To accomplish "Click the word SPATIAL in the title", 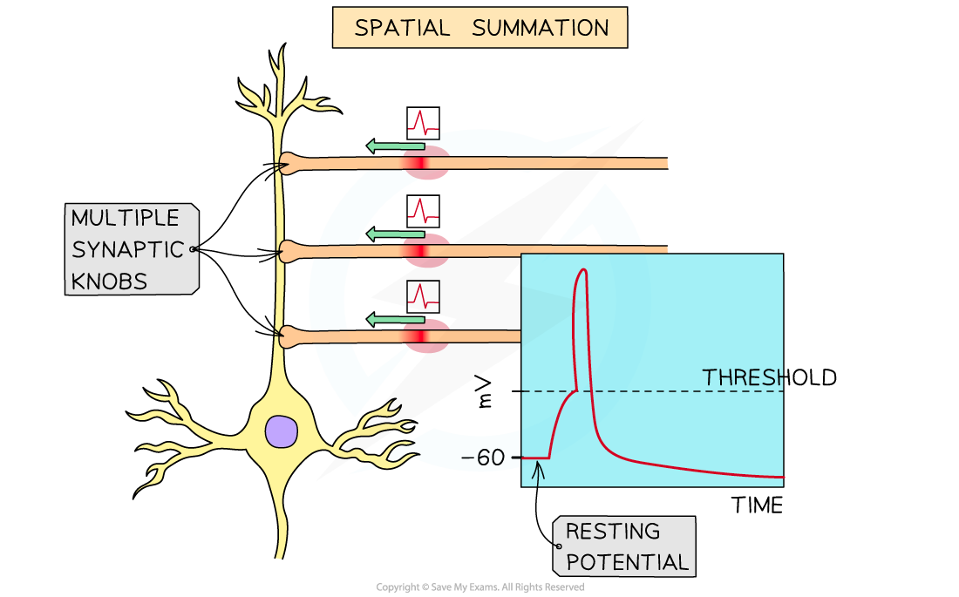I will pyautogui.click(x=402, y=28).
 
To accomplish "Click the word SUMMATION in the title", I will pyautogui.click(x=540, y=28).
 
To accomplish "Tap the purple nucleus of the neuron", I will pyautogui.click(x=282, y=431).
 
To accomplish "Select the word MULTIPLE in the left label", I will pyautogui.click(x=125, y=218).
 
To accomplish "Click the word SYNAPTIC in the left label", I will pyautogui.click(x=127, y=249).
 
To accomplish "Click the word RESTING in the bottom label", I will pyautogui.click(x=613, y=531).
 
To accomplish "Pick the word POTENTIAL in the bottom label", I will pyautogui.click(x=627, y=562).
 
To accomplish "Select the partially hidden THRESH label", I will pyautogui.click(x=742, y=377).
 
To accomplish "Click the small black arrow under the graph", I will pyautogui.click(x=538, y=474).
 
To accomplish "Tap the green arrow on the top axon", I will pyautogui.click(x=395, y=146).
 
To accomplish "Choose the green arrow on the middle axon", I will pyautogui.click(x=395, y=234).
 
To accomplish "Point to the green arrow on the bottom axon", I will pyautogui.click(x=395, y=319).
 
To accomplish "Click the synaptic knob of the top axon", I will pyautogui.click(x=290, y=164).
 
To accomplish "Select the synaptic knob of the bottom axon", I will pyautogui.click(x=290, y=335).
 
